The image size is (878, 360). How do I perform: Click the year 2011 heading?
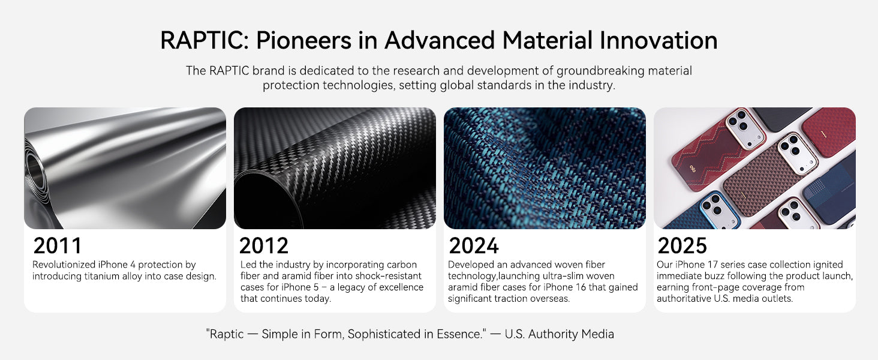point(58,246)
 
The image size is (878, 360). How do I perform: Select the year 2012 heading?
point(264,246)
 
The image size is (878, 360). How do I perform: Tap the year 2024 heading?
point(474,246)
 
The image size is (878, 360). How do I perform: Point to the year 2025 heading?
point(682,246)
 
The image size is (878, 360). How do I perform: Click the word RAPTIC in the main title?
point(205,40)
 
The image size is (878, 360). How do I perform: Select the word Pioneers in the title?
point(304,40)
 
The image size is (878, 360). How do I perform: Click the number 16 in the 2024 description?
point(580,287)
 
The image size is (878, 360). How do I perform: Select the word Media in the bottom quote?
point(598,334)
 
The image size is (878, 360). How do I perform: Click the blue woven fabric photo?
point(545,168)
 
